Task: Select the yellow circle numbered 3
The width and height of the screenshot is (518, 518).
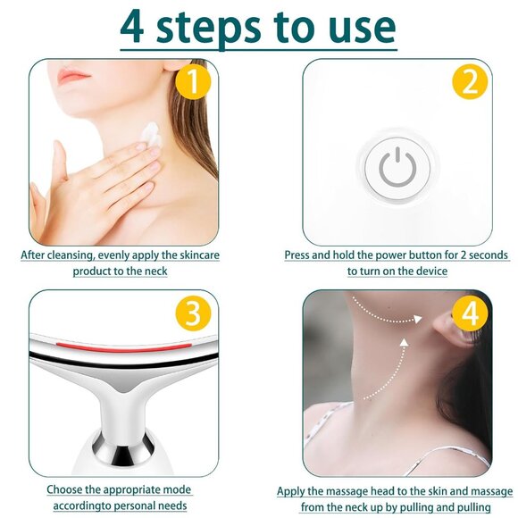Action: click(x=192, y=314)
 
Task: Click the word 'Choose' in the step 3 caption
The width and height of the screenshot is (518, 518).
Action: click(x=67, y=490)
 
